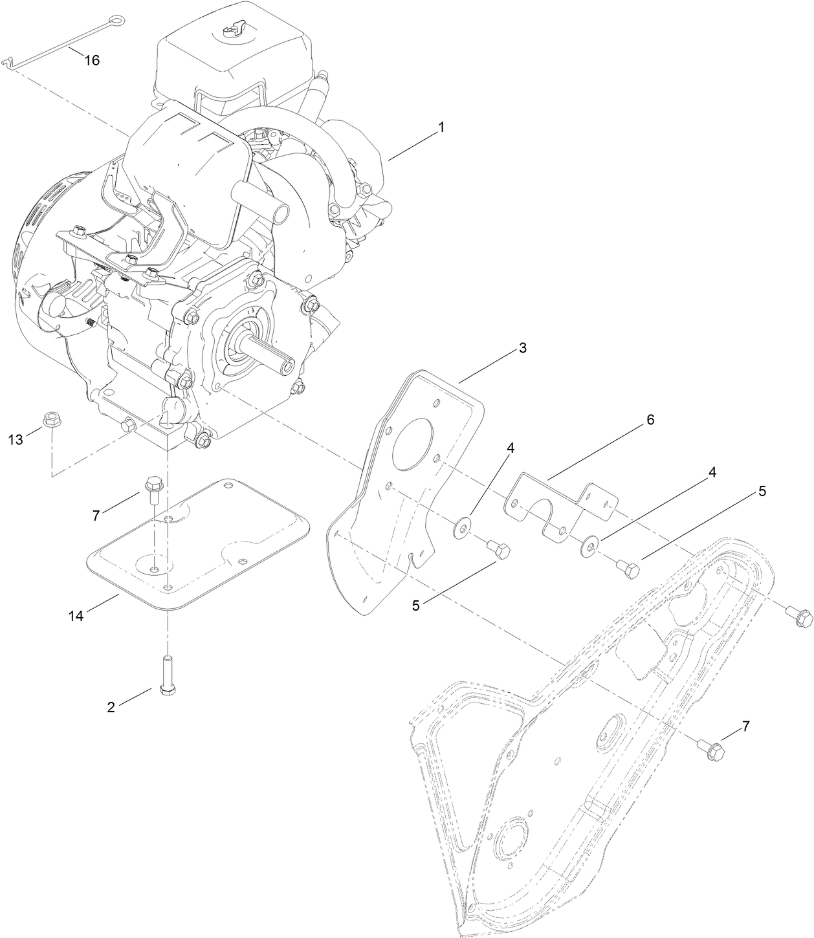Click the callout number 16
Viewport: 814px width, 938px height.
pos(92,60)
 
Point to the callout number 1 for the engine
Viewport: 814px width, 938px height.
pos(441,127)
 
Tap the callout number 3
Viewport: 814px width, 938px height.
pos(522,348)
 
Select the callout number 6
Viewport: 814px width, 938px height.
pos(650,420)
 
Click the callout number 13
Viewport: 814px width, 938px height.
pos(16,440)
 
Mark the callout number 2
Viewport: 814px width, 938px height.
pos(111,707)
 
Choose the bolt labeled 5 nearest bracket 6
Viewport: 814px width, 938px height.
pos(628,568)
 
